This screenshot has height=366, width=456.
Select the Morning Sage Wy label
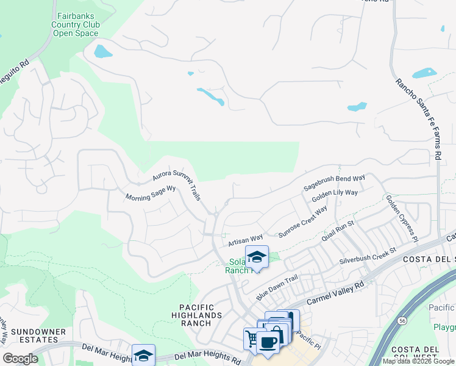pyautogui.click(x=150, y=193)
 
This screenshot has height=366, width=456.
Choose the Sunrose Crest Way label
pyautogui.click(x=302, y=224)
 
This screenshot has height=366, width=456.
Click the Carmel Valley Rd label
pyautogui.click(x=335, y=293)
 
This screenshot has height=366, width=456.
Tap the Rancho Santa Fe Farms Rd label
pyautogui.click(x=418, y=118)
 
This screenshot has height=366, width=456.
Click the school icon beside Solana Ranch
pyautogui.click(x=257, y=256)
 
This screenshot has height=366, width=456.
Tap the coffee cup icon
pyautogui.click(x=268, y=342)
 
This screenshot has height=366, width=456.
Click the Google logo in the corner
pyautogui.click(x=21, y=359)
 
